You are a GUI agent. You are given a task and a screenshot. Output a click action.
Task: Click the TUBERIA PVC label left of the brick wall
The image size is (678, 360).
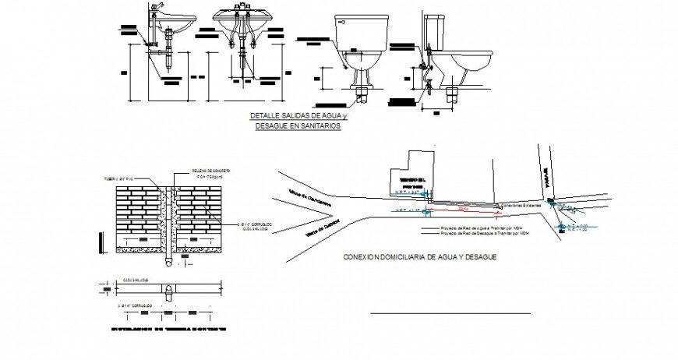click(x=114, y=178)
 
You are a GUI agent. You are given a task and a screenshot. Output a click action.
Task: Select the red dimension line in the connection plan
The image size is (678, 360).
click(x=463, y=210)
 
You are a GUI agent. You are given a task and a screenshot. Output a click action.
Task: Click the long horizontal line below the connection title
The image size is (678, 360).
click(x=450, y=313)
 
